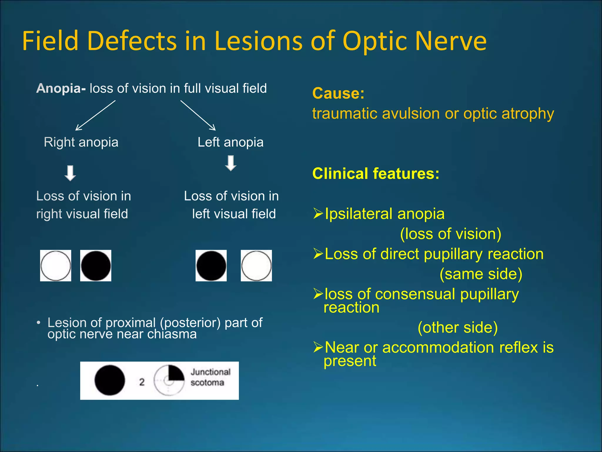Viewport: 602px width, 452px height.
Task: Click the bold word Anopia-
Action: (x=61, y=88)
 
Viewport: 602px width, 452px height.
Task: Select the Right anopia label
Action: (x=81, y=142)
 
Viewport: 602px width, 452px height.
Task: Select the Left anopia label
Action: (x=230, y=142)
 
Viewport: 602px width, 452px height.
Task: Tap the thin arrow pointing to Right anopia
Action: (x=95, y=115)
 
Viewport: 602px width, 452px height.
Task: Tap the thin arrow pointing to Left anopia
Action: (x=198, y=115)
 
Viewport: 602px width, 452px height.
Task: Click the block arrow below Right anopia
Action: (x=70, y=173)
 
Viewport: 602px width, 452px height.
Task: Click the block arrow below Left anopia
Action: (x=231, y=163)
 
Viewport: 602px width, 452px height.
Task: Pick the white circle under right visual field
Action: (x=56, y=266)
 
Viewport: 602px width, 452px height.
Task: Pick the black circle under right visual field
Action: (x=96, y=266)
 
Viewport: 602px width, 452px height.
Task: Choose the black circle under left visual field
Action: (x=211, y=266)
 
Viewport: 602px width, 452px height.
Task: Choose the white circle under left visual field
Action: (x=256, y=266)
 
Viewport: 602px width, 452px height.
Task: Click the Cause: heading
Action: (x=338, y=93)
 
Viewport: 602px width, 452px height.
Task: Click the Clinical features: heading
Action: (x=376, y=173)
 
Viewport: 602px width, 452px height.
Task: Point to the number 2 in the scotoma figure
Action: (x=142, y=382)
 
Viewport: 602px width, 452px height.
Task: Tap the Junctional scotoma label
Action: (x=210, y=377)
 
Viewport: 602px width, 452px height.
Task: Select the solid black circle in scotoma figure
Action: (x=110, y=380)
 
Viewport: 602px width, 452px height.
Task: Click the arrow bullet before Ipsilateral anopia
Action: (x=318, y=213)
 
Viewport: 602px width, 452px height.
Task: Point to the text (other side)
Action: (x=458, y=328)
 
